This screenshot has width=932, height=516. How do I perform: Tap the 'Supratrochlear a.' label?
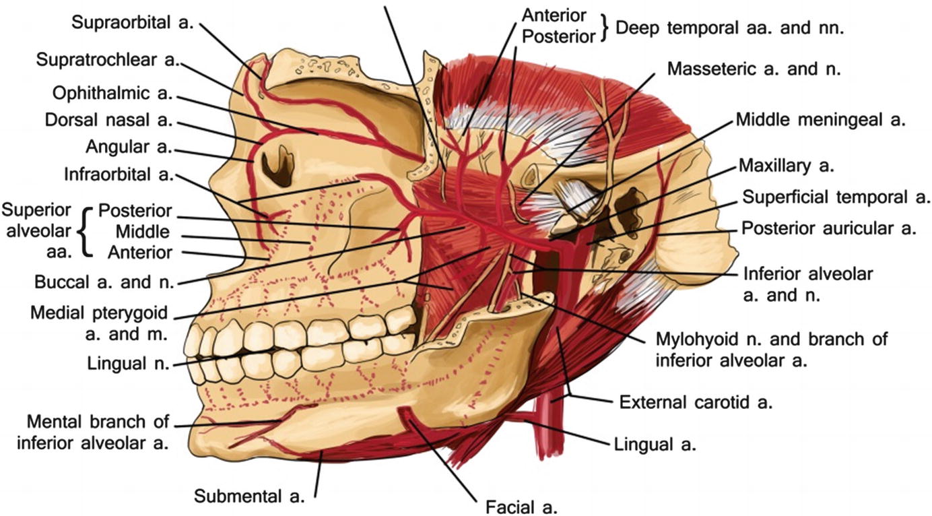coord(107,60)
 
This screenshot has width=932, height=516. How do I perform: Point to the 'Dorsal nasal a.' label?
coord(109,121)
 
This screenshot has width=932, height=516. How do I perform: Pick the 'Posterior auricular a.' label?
coord(829,228)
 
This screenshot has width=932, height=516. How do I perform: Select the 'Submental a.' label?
coord(250,497)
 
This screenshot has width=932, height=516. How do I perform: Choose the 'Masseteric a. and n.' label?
coord(754,69)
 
